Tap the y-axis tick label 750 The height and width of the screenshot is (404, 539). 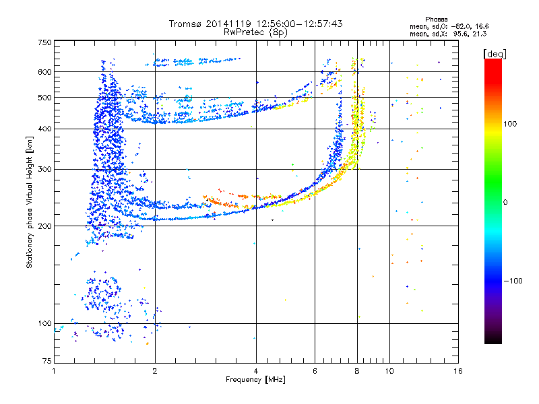(x=44, y=42)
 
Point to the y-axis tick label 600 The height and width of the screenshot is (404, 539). (x=44, y=72)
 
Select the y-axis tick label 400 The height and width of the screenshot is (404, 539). (x=44, y=129)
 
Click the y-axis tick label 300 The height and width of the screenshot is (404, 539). (x=44, y=169)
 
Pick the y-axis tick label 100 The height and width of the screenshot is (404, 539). (x=44, y=324)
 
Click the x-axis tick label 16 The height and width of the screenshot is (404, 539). (x=457, y=371)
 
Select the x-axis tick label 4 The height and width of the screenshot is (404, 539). (x=256, y=371)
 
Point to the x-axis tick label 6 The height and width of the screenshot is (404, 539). (x=315, y=371)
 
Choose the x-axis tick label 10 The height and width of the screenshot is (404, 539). (x=389, y=371)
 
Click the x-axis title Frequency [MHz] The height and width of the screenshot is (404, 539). (x=257, y=380)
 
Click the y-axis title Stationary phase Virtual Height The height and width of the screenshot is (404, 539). (x=30, y=202)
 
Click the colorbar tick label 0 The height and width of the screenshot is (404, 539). (x=507, y=202)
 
